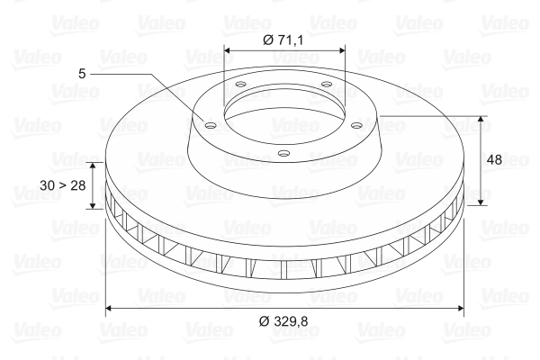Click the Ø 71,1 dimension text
(x=284, y=40)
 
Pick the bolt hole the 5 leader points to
(x=211, y=126)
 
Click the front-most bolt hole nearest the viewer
(x=283, y=154)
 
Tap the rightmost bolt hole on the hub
(x=356, y=125)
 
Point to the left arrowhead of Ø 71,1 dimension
(x=227, y=50)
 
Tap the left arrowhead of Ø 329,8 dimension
(x=110, y=309)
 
